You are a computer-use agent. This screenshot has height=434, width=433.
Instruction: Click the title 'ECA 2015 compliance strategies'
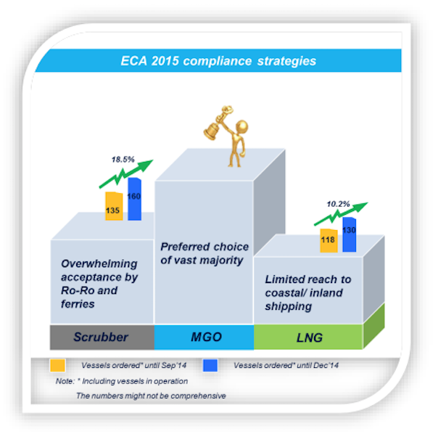pos(218,61)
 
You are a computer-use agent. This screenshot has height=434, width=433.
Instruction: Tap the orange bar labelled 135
pos(114,206)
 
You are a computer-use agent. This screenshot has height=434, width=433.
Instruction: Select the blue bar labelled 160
pos(134,199)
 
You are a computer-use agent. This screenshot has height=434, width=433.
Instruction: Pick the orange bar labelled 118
pos(329,240)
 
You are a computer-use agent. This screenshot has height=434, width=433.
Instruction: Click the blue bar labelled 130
pos(349,234)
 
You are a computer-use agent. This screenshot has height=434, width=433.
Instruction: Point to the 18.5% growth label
pos(123,160)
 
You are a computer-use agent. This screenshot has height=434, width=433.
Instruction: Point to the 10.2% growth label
pos(338,204)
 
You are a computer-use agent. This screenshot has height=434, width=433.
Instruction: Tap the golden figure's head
pos(242,127)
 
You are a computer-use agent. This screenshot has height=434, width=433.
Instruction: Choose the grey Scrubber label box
pos(102,337)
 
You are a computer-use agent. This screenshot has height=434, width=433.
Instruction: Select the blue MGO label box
pos(205,337)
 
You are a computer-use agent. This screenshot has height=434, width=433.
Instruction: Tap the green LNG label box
pos(308,337)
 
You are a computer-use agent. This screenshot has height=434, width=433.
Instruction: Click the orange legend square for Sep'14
pos(57,365)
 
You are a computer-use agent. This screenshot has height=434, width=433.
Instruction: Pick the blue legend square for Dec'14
pos(210,365)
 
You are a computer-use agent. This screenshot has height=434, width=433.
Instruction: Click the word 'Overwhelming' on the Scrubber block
pos(99,264)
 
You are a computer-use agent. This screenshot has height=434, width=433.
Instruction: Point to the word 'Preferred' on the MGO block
pos(181,247)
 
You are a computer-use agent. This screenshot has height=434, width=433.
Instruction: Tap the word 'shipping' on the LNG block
pos(288,307)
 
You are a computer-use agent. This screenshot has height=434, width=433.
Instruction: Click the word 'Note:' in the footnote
pos(65,381)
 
